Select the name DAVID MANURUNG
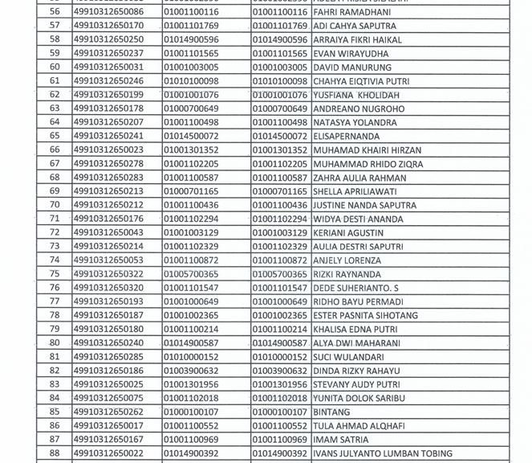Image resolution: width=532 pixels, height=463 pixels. coord(347,67)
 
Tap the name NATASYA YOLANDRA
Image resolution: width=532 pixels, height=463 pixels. coord(355,122)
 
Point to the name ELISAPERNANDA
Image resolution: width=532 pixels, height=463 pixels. coord(347,136)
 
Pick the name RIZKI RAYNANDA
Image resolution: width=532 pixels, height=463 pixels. coord(347,274)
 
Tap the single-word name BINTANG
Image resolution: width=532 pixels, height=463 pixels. coord(331,412)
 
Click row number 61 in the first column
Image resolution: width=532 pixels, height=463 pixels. coord(55,80)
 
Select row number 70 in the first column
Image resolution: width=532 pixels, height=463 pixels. coord(55,205)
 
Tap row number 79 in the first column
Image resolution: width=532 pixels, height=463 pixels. coord(55,329)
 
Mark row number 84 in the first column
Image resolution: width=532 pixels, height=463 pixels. coord(55,398)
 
